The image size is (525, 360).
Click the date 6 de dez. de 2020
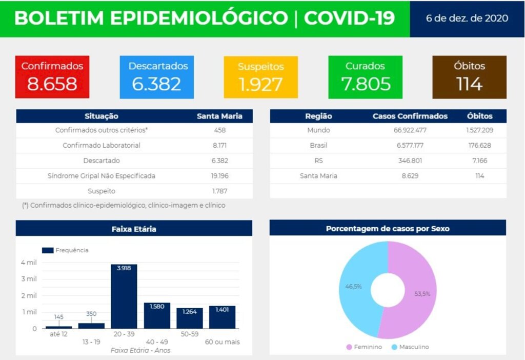pyautogui.click(x=467, y=18)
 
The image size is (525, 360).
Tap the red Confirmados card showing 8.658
pyautogui.click(x=52, y=77)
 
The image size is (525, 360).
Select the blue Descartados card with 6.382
pyautogui.click(x=157, y=77)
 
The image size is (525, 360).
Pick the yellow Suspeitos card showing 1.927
pyautogui.click(x=260, y=77)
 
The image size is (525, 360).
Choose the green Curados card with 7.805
pyautogui.click(x=365, y=77)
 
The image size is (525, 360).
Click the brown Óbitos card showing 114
pyautogui.click(x=469, y=77)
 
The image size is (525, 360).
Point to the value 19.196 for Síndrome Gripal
pyautogui.click(x=219, y=176)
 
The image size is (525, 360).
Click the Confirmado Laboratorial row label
pyautogui.click(x=102, y=146)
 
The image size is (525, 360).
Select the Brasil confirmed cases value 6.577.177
pyautogui.click(x=410, y=146)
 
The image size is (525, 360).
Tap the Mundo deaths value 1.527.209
pyautogui.click(x=479, y=130)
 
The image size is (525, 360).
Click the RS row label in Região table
pyautogui.click(x=318, y=161)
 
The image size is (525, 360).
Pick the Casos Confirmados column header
pyautogui.click(x=410, y=116)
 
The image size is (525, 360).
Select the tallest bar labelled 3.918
pyautogui.click(x=124, y=297)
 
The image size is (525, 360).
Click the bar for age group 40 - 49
pyautogui.click(x=157, y=315)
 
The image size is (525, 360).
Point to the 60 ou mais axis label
pyautogui.click(x=222, y=342)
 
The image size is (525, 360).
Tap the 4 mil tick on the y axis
pyautogui.click(x=29, y=263)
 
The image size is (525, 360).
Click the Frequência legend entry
pyautogui.click(x=65, y=250)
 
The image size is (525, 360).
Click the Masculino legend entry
pyautogui.click(x=410, y=347)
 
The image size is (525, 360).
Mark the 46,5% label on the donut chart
pyautogui.click(x=353, y=286)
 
